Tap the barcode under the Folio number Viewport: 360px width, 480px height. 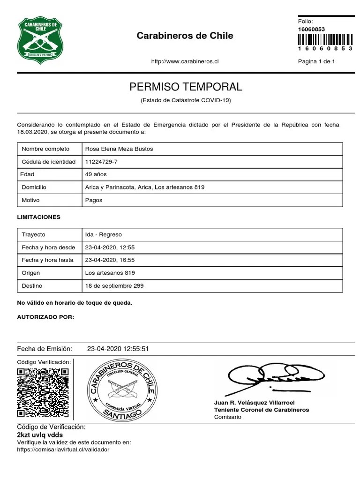pyautogui.click(x=325, y=39)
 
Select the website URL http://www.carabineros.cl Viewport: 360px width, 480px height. pyautogui.click(x=185, y=61)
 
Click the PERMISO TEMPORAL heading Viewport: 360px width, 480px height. pyautogui.click(x=186, y=87)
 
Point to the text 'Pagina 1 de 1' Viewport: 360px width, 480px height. pyautogui.click(x=316, y=61)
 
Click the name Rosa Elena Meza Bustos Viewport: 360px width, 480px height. pyautogui.click(x=119, y=149)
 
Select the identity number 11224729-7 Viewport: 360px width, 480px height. pyautogui.click(x=101, y=162)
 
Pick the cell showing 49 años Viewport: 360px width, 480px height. pyautogui.click(x=96, y=174)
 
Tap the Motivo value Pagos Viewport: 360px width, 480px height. pyautogui.click(x=94, y=200)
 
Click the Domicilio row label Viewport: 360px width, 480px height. pyautogui.click(x=34, y=187)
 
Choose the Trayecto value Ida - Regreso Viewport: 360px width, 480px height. pyautogui.click(x=104, y=234)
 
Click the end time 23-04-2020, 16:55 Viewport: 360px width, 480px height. pyautogui.click(x=110, y=260)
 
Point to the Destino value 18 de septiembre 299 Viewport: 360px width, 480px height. pyautogui.click(x=114, y=285)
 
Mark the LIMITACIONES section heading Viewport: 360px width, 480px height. pyautogui.click(x=39, y=217)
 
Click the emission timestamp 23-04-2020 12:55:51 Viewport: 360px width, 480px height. pyautogui.click(x=118, y=349)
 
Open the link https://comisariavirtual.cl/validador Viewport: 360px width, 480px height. pyautogui.click(x=63, y=449)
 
